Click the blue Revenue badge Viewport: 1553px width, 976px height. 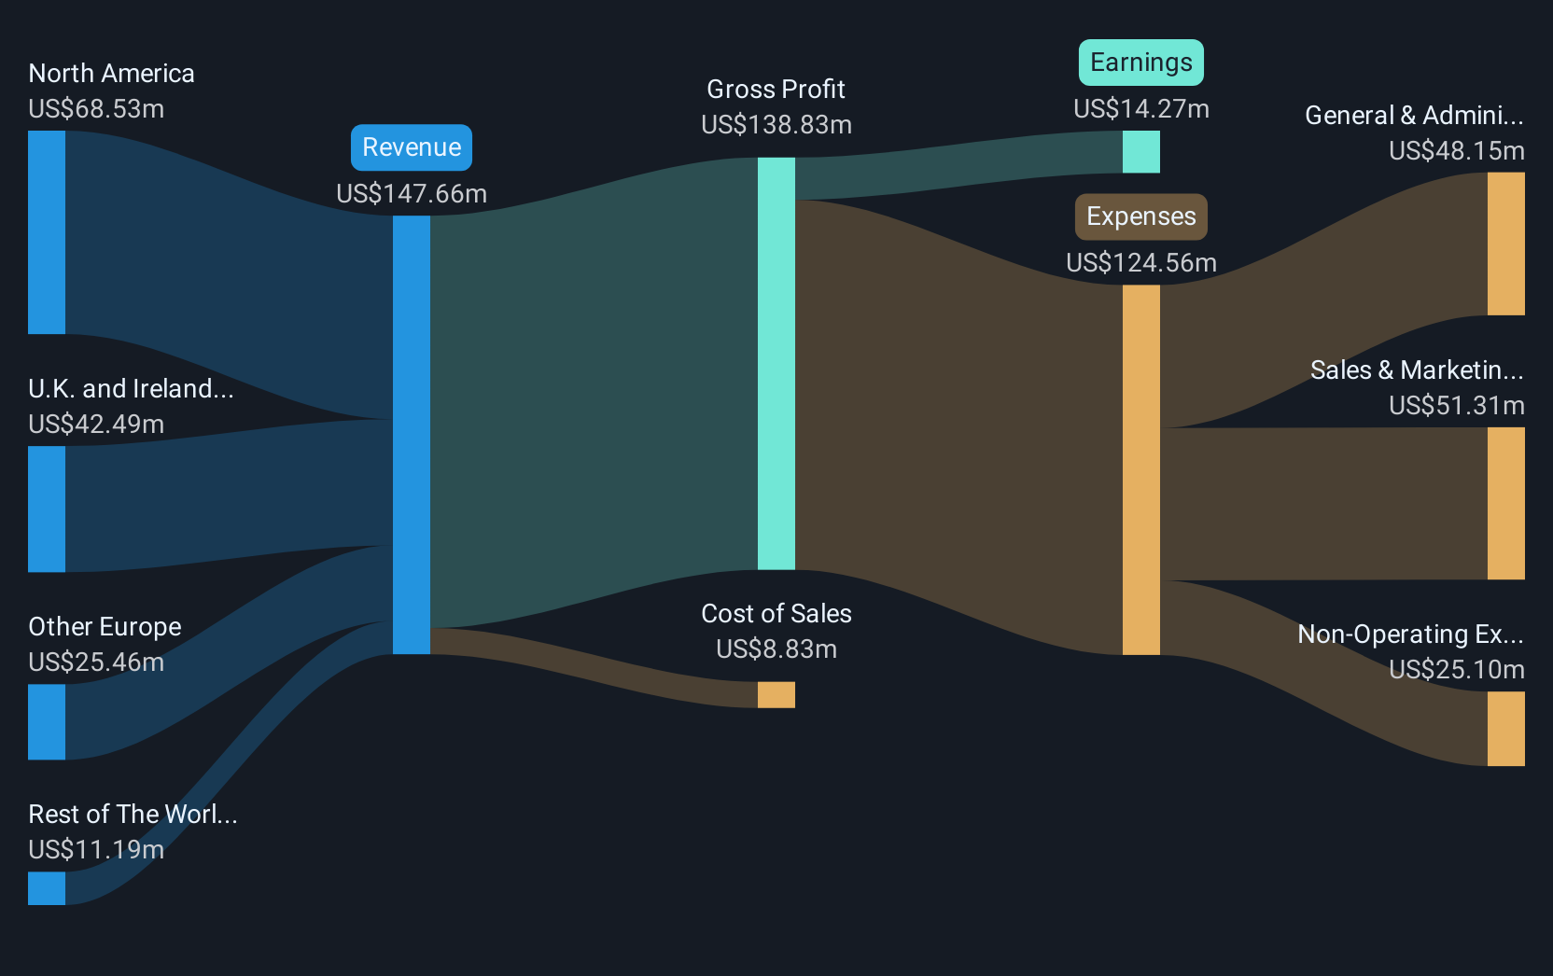pos(412,147)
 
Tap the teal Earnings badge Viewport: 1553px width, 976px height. pos(1141,63)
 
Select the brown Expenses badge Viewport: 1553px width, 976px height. pos(1141,216)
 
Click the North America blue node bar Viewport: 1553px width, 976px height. pos(47,232)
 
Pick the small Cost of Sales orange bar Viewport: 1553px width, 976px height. pos(776,694)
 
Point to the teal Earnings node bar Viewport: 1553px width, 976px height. pos(1141,152)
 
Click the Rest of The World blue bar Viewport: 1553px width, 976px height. pos(47,888)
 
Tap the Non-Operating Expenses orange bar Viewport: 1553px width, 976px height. pos(1505,729)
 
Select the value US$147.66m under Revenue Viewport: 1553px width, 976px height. pos(412,193)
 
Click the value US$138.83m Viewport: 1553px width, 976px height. pos(776,125)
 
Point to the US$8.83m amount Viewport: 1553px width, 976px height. pos(776,648)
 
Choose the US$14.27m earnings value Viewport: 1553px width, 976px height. pos(1141,109)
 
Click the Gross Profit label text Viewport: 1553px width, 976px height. pos(776,90)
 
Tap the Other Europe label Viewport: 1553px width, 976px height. pos(105,627)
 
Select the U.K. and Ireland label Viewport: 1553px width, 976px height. pos(131,389)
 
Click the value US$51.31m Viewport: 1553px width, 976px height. pos(1457,405)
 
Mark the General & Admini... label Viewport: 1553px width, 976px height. pos(1414,115)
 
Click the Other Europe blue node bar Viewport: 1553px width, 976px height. pos(47,721)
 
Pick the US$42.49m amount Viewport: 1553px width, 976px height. pos(96,424)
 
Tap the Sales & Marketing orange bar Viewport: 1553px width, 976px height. pos(1505,503)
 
